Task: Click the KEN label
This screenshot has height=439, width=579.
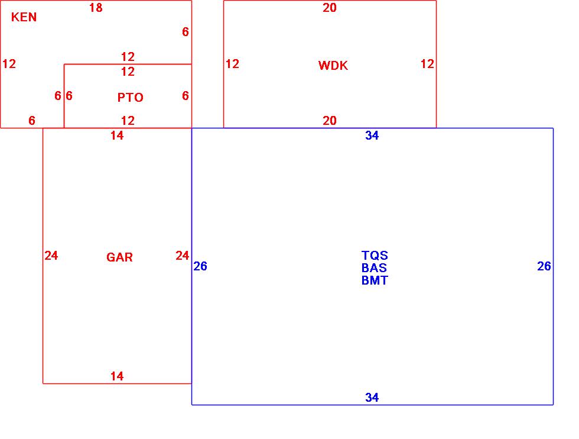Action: tap(24, 17)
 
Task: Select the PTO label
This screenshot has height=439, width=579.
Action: tap(130, 98)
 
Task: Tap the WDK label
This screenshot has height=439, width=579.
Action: tap(333, 66)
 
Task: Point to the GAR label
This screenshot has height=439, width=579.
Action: tap(119, 257)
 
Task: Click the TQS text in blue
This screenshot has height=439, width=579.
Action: tap(375, 256)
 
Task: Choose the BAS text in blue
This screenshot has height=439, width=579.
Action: tap(374, 268)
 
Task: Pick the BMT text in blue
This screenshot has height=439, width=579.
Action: tap(375, 280)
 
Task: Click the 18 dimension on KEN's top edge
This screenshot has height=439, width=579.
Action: tap(96, 8)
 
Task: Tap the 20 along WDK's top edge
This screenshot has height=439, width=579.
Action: tap(330, 8)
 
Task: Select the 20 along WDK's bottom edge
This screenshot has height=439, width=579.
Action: tap(330, 121)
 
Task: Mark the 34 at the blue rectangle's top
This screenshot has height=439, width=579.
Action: tap(372, 135)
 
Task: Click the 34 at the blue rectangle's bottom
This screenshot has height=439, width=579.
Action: tap(372, 398)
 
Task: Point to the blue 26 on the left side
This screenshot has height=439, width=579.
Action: tap(200, 266)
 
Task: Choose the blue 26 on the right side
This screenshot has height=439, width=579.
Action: tap(544, 266)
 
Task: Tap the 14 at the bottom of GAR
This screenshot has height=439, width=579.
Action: tap(117, 376)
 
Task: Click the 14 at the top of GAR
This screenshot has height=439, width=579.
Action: tap(117, 135)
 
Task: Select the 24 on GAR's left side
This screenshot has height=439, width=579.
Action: tap(51, 256)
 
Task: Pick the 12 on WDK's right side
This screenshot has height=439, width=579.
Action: tap(427, 64)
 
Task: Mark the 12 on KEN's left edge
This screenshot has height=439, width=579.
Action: tap(9, 64)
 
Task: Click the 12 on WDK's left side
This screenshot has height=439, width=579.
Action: tap(232, 64)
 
